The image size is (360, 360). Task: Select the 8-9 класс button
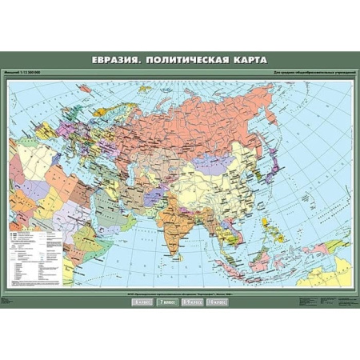(x=193, y=303)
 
